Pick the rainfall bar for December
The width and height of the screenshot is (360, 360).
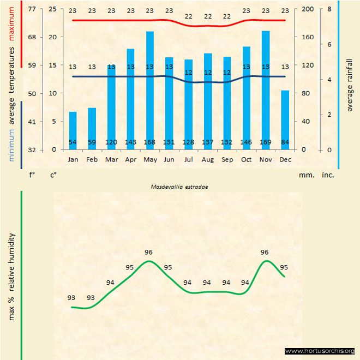click(285, 119)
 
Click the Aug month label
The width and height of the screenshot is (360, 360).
click(207, 160)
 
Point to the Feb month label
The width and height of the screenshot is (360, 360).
click(92, 160)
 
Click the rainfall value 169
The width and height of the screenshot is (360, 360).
click(266, 143)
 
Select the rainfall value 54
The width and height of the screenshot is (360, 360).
click(73, 143)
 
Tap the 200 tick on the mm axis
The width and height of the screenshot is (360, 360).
click(308, 9)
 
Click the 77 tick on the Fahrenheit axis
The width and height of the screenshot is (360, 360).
click(32, 9)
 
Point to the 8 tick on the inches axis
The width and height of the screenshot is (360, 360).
click(329, 9)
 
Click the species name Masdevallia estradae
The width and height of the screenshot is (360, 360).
click(180, 186)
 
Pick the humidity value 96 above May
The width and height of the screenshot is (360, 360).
click(149, 252)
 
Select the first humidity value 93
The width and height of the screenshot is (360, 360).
click(71, 298)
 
